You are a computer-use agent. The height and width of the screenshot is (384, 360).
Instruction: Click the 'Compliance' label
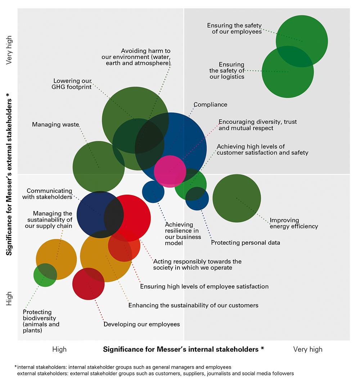(210, 105)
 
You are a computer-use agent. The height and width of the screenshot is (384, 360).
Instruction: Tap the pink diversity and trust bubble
(170, 171)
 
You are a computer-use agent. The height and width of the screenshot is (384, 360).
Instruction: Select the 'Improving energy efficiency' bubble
(237, 198)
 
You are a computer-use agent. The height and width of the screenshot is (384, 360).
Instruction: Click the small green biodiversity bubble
(45, 275)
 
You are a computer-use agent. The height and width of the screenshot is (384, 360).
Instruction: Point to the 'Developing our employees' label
(141, 324)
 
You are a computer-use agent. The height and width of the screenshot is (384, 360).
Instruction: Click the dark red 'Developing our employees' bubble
(88, 284)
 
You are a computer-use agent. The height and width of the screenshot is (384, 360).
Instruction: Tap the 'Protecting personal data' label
(245, 243)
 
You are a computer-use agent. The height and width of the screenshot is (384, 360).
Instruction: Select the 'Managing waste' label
(55, 125)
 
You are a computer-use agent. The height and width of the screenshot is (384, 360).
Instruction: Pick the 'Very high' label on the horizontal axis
(308, 349)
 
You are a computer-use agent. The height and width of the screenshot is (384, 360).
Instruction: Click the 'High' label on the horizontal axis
(59, 349)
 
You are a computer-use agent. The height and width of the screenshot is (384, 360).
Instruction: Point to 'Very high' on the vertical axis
(9, 50)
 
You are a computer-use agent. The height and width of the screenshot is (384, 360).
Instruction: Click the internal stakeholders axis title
(184, 349)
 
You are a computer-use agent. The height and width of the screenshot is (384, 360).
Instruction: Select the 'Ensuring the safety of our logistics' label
(227, 71)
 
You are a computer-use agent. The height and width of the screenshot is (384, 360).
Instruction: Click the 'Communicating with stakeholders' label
(47, 194)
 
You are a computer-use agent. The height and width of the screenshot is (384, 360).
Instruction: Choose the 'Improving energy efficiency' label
(294, 223)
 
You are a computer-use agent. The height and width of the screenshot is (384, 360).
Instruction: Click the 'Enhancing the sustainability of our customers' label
(193, 305)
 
